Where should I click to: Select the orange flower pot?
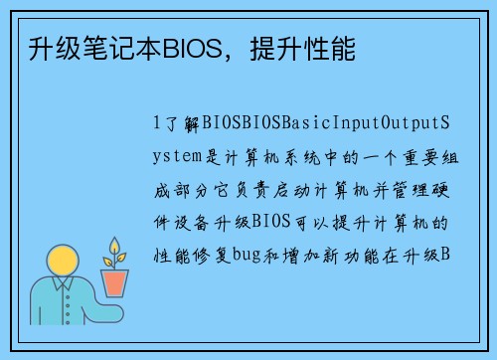(116, 283)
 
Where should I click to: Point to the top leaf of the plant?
(116, 245)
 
